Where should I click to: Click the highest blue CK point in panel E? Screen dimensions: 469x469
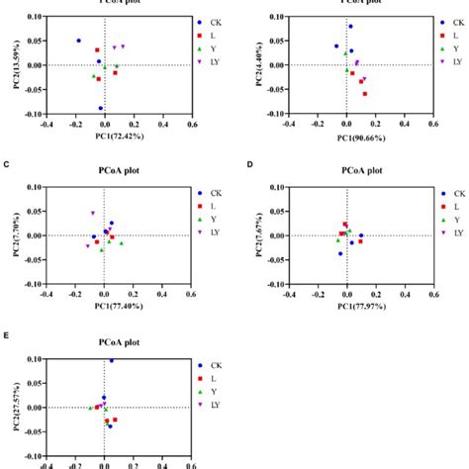[x=111, y=360]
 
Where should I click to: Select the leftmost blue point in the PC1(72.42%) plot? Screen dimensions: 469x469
[x=79, y=41]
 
